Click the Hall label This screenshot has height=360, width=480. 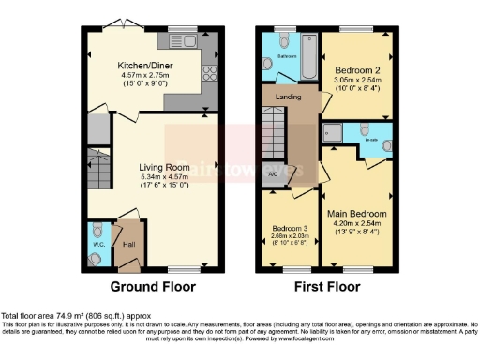tap(129, 245)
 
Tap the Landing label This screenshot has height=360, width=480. tap(288, 97)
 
